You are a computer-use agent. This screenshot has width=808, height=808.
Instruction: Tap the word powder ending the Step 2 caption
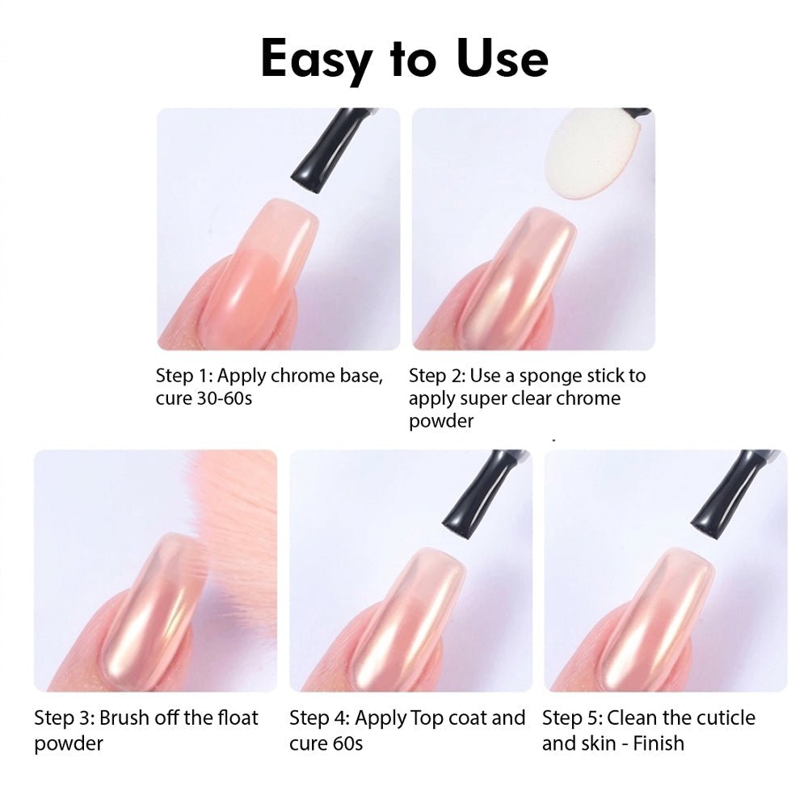click(441, 422)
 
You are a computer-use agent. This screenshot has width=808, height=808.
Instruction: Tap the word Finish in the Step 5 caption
click(659, 743)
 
